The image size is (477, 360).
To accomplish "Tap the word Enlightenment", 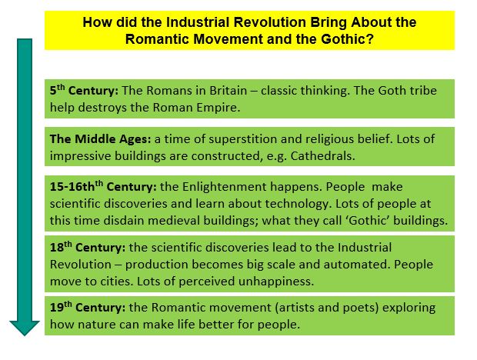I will pos(208,187).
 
